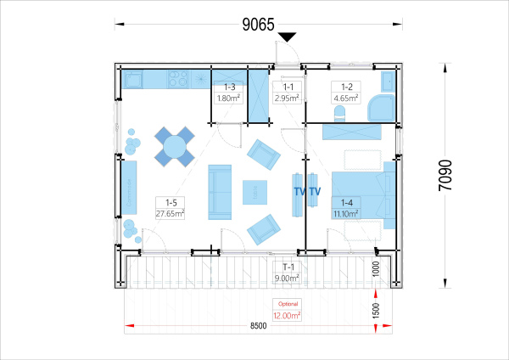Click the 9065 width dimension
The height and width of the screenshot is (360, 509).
pyautogui.click(x=259, y=25)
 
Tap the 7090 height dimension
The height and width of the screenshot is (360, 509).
pyautogui.click(x=445, y=176)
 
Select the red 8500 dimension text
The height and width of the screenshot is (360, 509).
pyautogui.click(x=259, y=325)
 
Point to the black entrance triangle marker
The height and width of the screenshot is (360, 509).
pyautogui.click(x=288, y=37)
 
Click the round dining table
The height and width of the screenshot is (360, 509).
pyautogui.click(x=174, y=147)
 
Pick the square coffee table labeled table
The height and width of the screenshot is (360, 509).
pyautogui.click(x=255, y=193)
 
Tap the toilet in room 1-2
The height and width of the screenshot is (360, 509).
pyautogui.click(x=340, y=114)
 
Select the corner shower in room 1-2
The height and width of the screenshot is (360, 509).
pyautogui.click(x=381, y=108)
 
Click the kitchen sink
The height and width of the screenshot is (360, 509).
pyautogui.click(x=133, y=79)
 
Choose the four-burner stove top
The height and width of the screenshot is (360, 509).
pyautogui.click(x=178, y=79)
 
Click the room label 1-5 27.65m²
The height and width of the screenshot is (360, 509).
pyautogui.click(x=171, y=208)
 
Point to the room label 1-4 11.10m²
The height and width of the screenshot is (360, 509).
pyautogui.click(x=346, y=208)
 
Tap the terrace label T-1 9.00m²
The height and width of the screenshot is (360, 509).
pyautogui.click(x=287, y=273)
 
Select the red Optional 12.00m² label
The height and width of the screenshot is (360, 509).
pyautogui.click(x=287, y=310)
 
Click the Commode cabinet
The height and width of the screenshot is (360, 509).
pyautogui.click(x=129, y=188)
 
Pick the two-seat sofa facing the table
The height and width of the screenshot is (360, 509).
pyautogui.click(x=220, y=192)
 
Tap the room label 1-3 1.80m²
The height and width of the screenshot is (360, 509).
pyautogui.click(x=229, y=93)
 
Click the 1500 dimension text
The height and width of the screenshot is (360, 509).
pyautogui.click(x=376, y=310)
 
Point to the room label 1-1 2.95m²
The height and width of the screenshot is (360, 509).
pyautogui.click(x=288, y=93)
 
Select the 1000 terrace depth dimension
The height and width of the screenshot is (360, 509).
pyautogui.click(x=376, y=268)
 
